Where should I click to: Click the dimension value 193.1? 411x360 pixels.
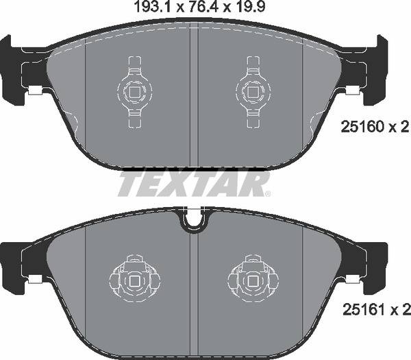point(153,7)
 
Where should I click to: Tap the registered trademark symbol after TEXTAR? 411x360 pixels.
point(268,194)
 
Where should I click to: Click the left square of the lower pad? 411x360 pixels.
point(135,281)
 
